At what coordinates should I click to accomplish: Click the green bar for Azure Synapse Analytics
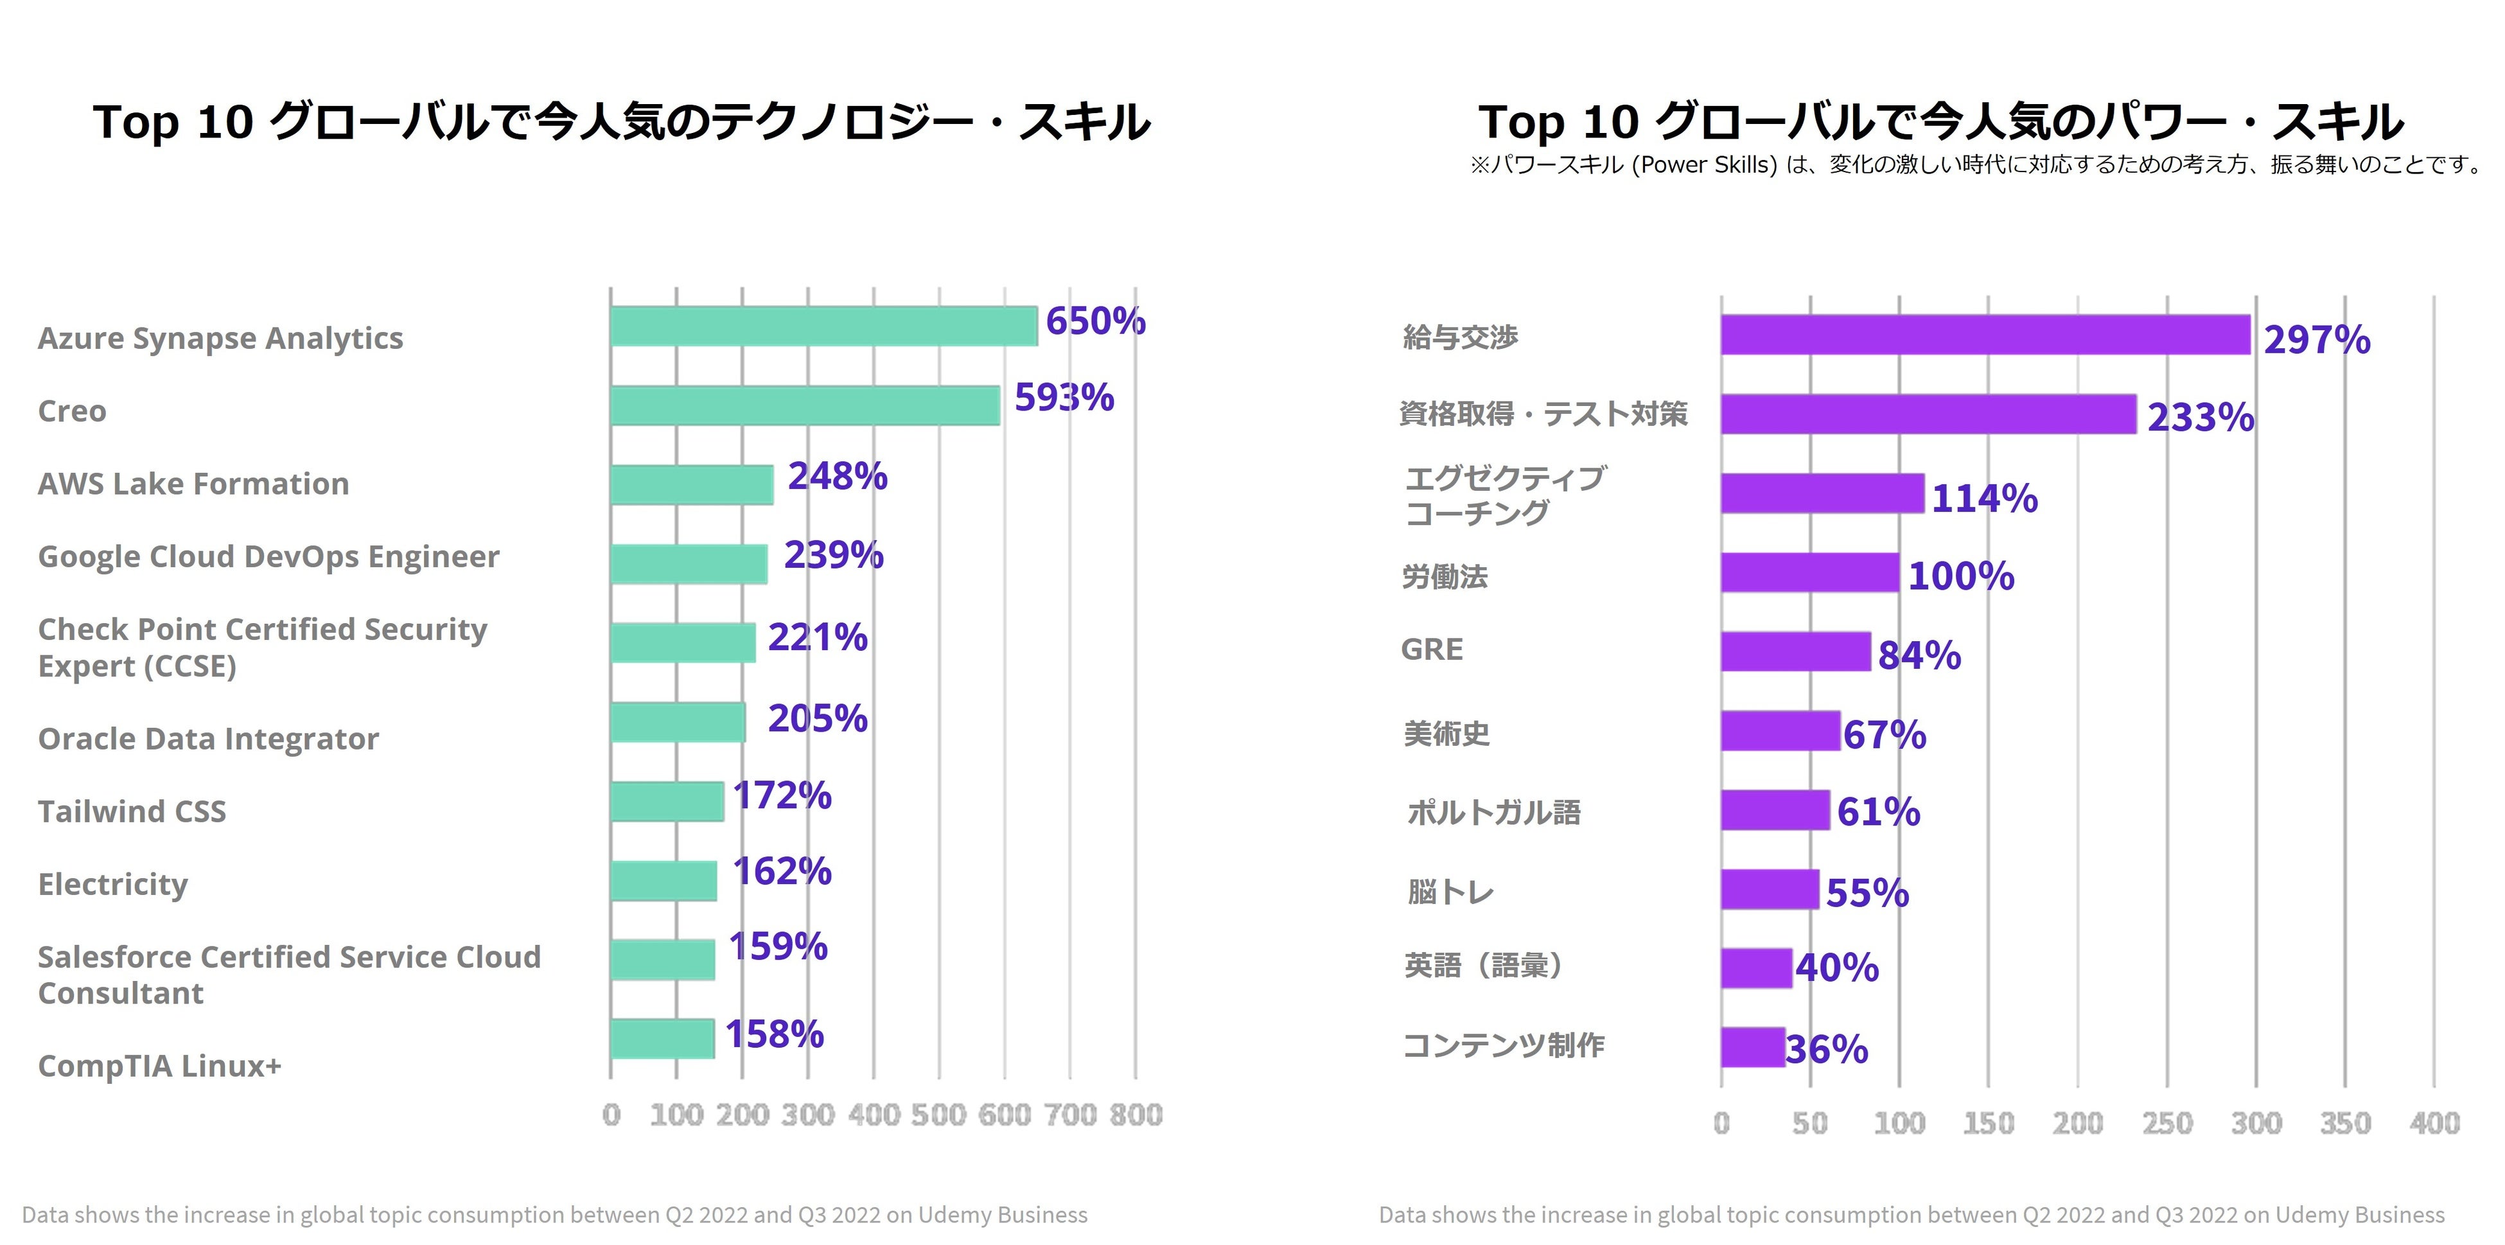(x=823, y=326)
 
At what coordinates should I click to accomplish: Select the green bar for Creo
(x=805, y=405)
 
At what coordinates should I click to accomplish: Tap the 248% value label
(x=838, y=477)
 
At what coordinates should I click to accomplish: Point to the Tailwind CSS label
(x=132, y=811)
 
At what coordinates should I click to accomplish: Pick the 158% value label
(x=774, y=1034)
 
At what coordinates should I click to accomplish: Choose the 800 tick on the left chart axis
(x=1136, y=1115)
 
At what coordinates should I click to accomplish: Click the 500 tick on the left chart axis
(x=938, y=1115)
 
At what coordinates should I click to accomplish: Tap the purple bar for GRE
(x=1795, y=651)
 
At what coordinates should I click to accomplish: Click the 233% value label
(x=2201, y=418)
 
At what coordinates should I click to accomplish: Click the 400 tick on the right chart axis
(x=2434, y=1124)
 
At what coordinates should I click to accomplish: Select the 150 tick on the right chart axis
(x=1988, y=1124)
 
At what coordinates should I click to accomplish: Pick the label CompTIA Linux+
(x=159, y=1066)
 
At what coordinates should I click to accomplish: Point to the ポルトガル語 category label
(x=1493, y=812)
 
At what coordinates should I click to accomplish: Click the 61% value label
(x=1877, y=812)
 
